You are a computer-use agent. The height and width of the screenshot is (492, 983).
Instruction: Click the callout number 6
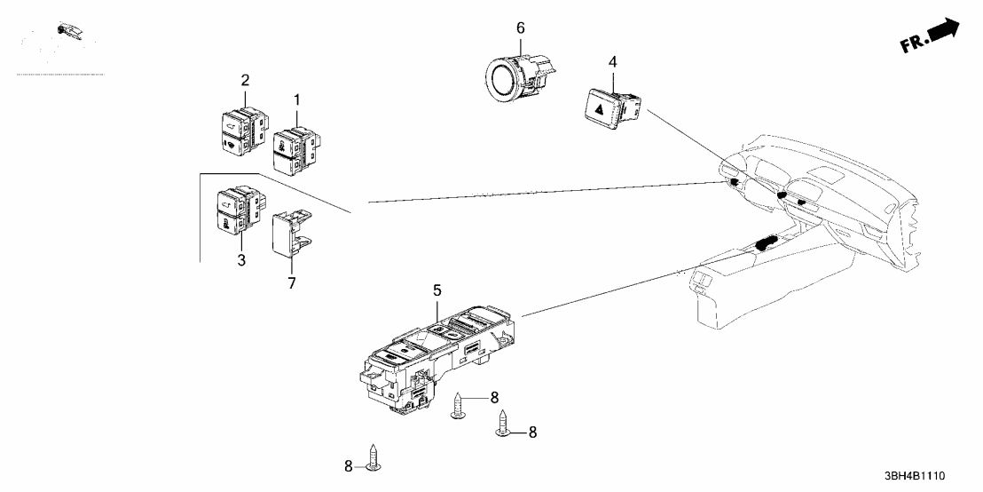pyautogui.click(x=521, y=28)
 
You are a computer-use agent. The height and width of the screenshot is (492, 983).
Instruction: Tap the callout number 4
pyautogui.click(x=612, y=62)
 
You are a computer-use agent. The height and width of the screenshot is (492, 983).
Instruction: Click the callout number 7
pyautogui.click(x=292, y=283)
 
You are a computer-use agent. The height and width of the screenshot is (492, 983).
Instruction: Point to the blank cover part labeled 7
pyautogui.click(x=292, y=233)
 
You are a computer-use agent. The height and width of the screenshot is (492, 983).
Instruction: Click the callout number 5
pyautogui.click(x=436, y=290)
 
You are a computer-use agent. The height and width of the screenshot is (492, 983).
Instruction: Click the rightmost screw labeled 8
pyautogui.click(x=503, y=425)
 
